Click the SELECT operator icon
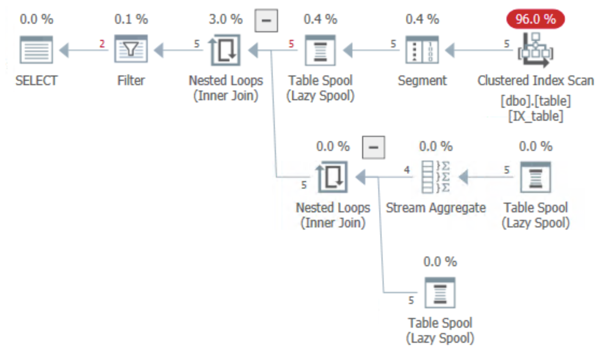tap(36, 50)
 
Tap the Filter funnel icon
tap(131, 49)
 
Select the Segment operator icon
tap(422, 50)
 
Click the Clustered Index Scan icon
tap(535, 50)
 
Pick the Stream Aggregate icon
tap(436, 177)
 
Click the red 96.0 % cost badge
tap(535, 19)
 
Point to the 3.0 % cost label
tap(226, 19)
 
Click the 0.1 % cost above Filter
tap(131, 19)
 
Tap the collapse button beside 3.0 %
tap(267, 20)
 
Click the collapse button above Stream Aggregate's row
tap(373, 148)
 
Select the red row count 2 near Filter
tap(102, 44)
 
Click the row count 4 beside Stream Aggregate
tap(407, 170)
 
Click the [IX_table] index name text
tap(535, 116)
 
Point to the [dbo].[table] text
tap(535, 101)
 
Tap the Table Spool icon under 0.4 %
tap(320, 50)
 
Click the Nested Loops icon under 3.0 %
tap(225, 50)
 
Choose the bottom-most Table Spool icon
tap(440, 292)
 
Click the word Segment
tap(422, 80)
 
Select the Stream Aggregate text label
tap(436, 208)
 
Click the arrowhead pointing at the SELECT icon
tap(64, 50)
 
